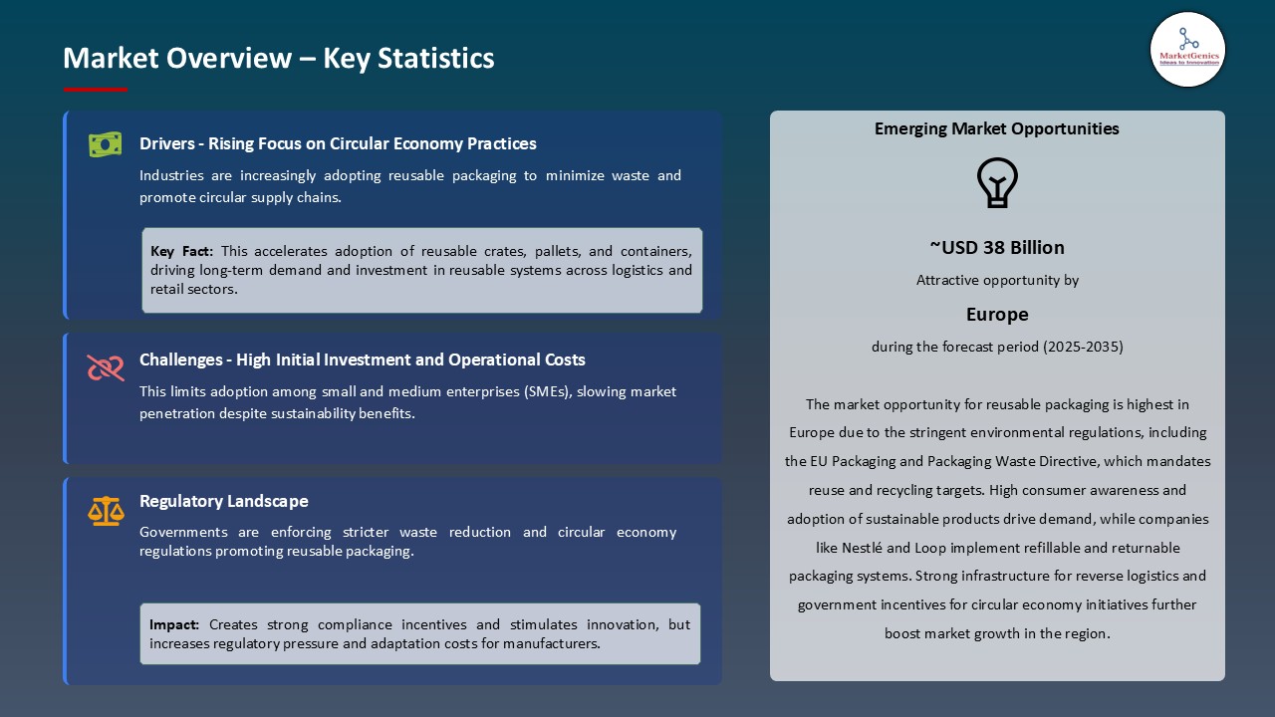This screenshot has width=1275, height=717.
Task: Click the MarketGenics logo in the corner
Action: (1187, 49)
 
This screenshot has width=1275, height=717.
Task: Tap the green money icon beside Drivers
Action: (105, 144)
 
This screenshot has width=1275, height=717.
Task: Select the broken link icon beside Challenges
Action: (105, 367)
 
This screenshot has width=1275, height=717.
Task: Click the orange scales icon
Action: (105, 511)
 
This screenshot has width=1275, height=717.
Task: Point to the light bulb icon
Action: (997, 183)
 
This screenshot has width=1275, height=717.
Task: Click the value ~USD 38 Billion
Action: (997, 247)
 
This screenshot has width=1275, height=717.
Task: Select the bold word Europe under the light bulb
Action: (997, 315)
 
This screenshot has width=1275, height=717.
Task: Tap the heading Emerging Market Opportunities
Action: (997, 128)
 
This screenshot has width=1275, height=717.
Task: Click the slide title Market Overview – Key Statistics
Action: (279, 58)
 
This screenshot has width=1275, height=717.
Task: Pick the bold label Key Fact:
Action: (182, 251)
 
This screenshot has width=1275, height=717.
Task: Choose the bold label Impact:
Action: (174, 624)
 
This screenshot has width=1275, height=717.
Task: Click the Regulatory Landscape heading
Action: (224, 501)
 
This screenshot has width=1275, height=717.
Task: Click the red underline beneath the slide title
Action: (96, 90)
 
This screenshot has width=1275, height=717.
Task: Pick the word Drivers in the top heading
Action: (165, 143)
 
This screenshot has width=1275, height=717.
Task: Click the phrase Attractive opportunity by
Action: (997, 281)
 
